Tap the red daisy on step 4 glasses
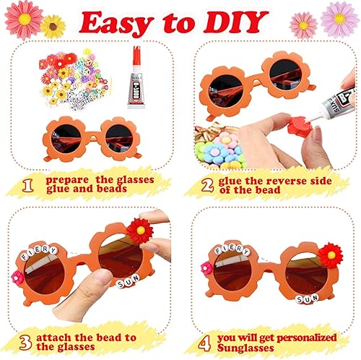[x=331, y=254]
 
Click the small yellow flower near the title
[x=53, y=27]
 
